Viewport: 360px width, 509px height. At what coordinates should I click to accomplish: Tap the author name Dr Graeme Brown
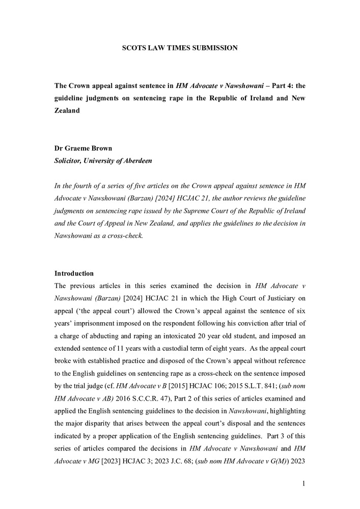[83, 149]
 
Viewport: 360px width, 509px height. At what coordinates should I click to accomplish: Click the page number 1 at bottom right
[303, 484]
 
